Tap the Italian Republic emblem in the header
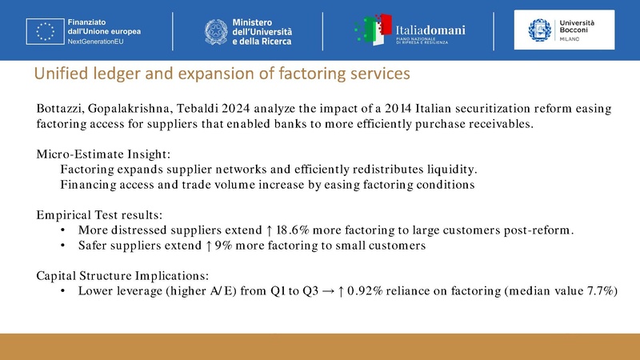click(218, 30)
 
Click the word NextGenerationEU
click(102, 40)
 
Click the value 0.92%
click(382, 291)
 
